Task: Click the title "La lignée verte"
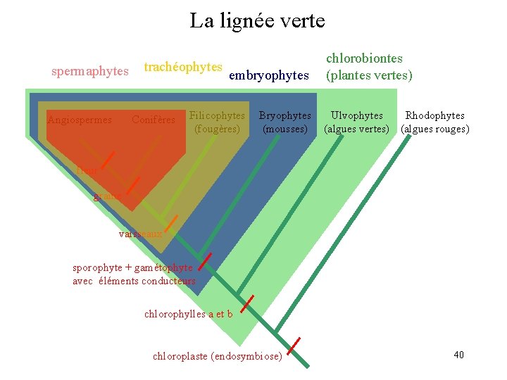257,21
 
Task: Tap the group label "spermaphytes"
90,71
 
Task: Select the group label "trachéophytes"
183,67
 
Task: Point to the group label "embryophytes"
269,75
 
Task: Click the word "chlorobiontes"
364,58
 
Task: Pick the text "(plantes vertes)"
368,75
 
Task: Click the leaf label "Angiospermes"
80,120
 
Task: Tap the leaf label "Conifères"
154,120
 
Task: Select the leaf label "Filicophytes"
217,115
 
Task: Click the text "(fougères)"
217,129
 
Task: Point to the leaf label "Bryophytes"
284,115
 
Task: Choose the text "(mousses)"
284,129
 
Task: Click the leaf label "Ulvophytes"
357,115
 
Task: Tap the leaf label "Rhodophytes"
434,115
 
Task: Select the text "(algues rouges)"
434,129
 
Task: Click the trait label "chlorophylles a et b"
188,314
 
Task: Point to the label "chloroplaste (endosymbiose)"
217,356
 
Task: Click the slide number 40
458,354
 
